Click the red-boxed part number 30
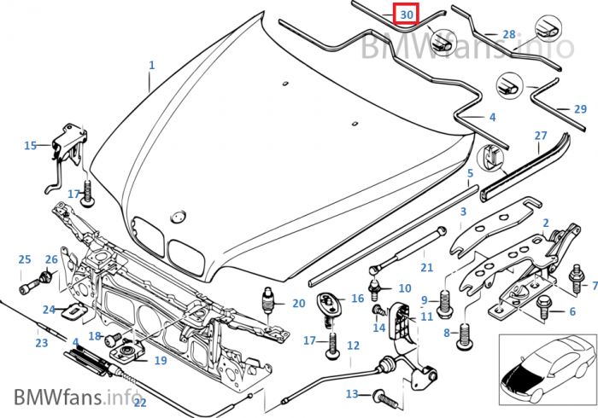pyautogui.click(x=407, y=15)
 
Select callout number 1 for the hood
pyautogui.click(x=152, y=65)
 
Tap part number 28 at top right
pyautogui.click(x=509, y=35)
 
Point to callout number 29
pyautogui.click(x=581, y=109)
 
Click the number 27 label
pyautogui.click(x=540, y=136)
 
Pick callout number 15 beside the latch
pyautogui.click(x=30, y=146)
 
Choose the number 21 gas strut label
pyautogui.click(x=427, y=268)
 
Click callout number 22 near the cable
pyautogui.click(x=140, y=402)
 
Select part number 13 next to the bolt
pyautogui.click(x=352, y=394)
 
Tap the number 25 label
pyautogui.click(x=24, y=259)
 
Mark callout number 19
pyautogui.click(x=161, y=360)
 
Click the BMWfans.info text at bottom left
pyautogui.click(x=75, y=396)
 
